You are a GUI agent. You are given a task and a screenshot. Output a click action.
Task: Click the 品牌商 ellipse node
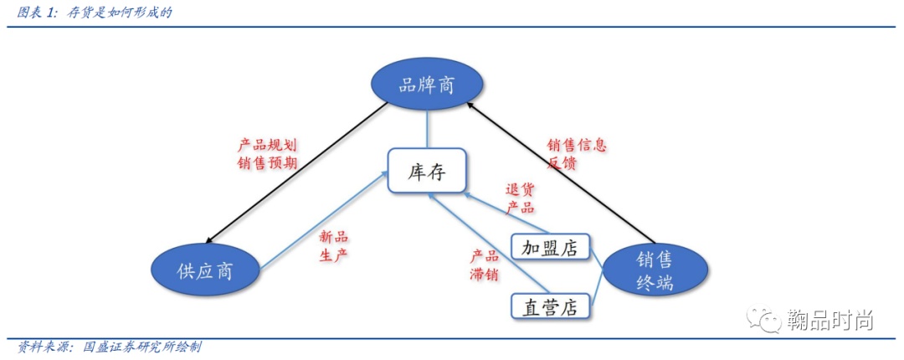coord(427,84)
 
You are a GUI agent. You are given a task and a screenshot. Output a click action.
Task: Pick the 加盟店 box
coord(549,248)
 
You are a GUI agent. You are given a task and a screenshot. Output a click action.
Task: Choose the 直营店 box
coord(549,307)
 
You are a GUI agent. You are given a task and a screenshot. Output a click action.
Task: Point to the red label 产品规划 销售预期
coord(267,154)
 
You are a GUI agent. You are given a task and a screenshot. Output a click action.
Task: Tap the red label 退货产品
coord(520,198)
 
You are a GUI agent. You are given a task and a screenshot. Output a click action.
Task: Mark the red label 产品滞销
coord(484,265)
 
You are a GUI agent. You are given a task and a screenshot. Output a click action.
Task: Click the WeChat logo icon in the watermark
coord(764,320)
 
